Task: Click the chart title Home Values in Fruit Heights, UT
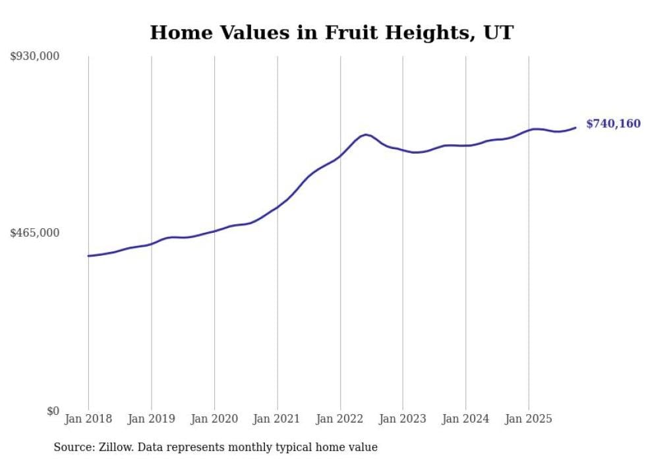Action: click(x=331, y=32)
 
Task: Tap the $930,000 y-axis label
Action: click(x=35, y=57)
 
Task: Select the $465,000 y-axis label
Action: click(x=35, y=233)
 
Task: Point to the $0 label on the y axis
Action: click(x=53, y=412)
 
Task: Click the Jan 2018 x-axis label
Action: click(x=88, y=419)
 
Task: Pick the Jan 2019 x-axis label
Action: click(x=151, y=419)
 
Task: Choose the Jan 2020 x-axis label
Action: click(x=214, y=419)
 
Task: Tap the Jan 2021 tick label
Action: click(x=277, y=419)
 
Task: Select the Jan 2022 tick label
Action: click(x=340, y=419)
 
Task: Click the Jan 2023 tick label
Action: click(x=403, y=419)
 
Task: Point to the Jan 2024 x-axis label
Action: click(x=465, y=419)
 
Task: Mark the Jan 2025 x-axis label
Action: click(x=529, y=419)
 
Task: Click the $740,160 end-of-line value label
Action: click(x=613, y=124)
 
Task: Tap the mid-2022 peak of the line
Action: click(x=366, y=135)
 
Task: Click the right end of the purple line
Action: click(x=575, y=127)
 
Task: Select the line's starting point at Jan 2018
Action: click(x=88, y=256)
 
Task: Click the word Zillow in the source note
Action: click(x=112, y=447)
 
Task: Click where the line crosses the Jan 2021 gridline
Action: click(x=277, y=207)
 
